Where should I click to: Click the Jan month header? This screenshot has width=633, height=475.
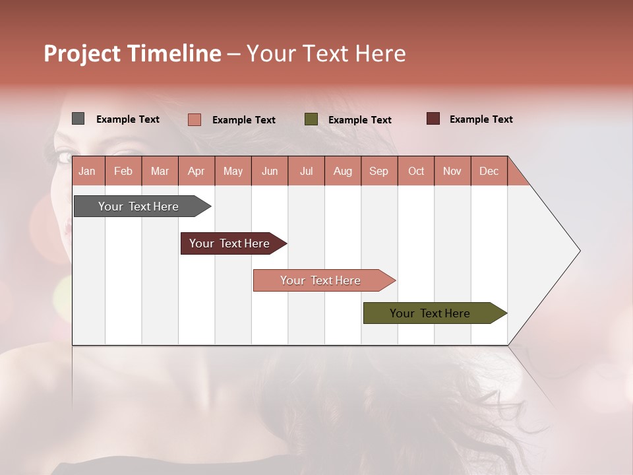pyautogui.click(x=88, y=171)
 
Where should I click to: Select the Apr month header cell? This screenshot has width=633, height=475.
pyautogui.click(x=196, y=171)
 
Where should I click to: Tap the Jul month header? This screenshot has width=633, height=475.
pyautogui.click(x=306, y=171)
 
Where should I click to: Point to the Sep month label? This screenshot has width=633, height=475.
pyautogui.click(x=378, y=171)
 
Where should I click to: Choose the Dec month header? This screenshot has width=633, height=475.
pyautogui.click(x=489, y=171)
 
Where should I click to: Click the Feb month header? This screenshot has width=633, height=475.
pyautogui.click(x=123, y=171)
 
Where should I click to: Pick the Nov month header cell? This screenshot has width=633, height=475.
pyautogui.click(x=452, y=171)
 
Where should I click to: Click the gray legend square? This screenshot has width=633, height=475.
pyautogui.click(x=78, y=119)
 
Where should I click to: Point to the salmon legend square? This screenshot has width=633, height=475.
pyautogui.click(x=194, y=119)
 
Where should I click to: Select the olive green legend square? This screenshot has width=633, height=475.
pyautogui.click(x=311, y=119)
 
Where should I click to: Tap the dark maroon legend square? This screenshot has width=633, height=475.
pyautogui.click(x=433, y=119)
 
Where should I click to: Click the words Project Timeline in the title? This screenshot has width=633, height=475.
pyautogui.click(x=133, y=53)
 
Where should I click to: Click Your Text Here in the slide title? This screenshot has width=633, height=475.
pyautogui.click(x=326, y=53)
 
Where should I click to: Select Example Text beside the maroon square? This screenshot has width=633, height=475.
pyautogui.click(x=481, y=119)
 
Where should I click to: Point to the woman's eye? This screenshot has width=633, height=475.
pyautogui.click(x=64, y=157)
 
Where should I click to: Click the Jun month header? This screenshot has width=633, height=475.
pyautogui.click(x=270, y=171)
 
